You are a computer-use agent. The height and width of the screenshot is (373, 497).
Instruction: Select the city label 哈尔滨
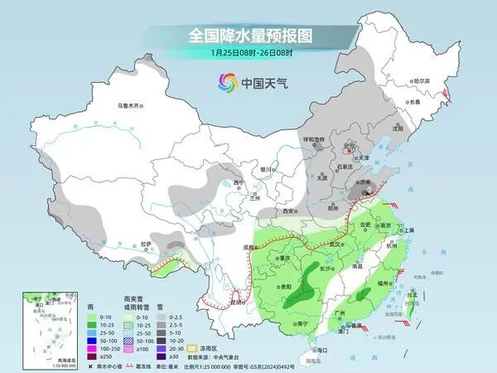click(x=422, y=80)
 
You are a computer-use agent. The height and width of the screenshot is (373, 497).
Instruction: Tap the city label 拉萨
click(x=147, y=244)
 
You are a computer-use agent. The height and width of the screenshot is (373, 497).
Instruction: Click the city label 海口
click(x=323, y=351)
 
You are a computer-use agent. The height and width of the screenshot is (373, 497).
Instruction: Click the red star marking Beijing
click(x=349, y=151)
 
